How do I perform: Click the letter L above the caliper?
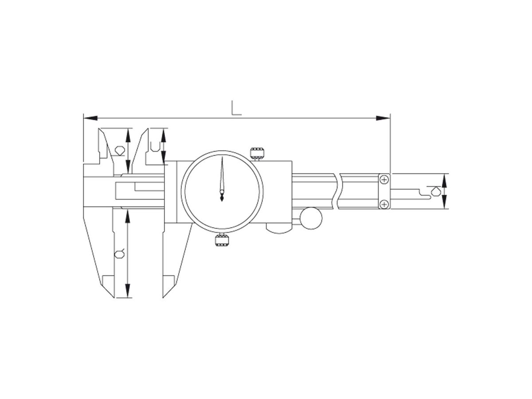coord(236,108)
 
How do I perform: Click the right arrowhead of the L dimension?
coord(383,118)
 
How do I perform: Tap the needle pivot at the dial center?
coord(222,192)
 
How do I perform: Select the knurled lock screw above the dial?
coord(258,153)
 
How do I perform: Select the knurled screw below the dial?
coord(222,241)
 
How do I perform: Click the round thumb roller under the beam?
coord(311,218)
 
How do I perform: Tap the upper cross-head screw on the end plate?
coord(384,179)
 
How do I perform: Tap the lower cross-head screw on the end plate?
coord(384,203)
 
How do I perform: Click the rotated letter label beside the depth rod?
coord(436,191)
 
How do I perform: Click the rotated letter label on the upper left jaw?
coord(119,150)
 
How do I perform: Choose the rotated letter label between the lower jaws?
coord(119,254)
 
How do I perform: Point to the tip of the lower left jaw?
coord(114,297)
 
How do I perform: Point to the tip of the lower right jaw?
coord(164,297)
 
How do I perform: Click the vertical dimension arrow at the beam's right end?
coord(445,191)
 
